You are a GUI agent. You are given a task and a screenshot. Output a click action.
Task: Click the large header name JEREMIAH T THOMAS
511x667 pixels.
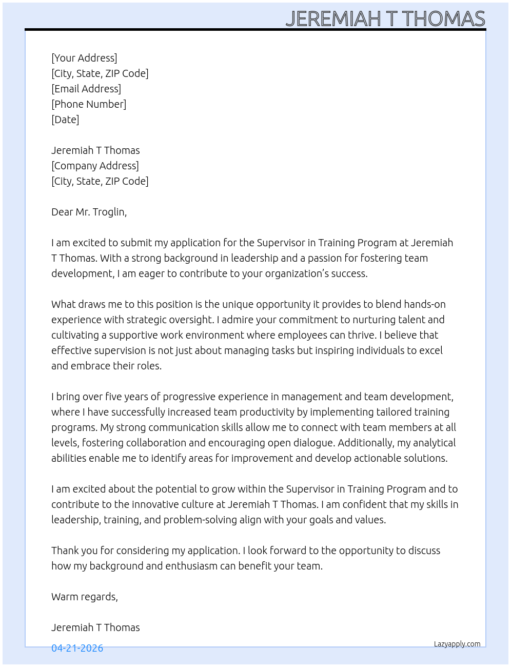[x=385, y=19]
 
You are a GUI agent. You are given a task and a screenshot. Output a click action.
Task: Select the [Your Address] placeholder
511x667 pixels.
[x=84, y=58]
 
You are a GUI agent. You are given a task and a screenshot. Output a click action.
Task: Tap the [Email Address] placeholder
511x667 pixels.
[x=86, y=89]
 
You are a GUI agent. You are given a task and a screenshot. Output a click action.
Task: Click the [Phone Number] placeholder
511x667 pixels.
[x=89, y=104]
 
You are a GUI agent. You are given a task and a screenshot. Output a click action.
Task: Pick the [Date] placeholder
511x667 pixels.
[x=65, y=120]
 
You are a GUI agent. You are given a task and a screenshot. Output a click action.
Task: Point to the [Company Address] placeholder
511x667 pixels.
[x=95, y=166]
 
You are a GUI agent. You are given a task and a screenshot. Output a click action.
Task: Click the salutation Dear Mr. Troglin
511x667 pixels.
[x=89, y=212]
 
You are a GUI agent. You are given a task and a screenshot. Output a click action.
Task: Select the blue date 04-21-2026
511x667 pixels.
[x=77, y=648]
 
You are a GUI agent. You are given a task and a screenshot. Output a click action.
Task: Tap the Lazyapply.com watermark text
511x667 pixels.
[x=457, y=644]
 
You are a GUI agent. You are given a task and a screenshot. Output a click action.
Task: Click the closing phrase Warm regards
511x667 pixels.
[x=84, y=597]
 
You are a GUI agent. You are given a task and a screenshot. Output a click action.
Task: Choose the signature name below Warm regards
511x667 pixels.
[x=95, y=627]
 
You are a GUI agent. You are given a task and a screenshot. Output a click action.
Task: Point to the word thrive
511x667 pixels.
[x=362, y=335]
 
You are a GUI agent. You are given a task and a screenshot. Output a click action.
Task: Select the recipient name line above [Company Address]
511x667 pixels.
[x=95, y=150]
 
